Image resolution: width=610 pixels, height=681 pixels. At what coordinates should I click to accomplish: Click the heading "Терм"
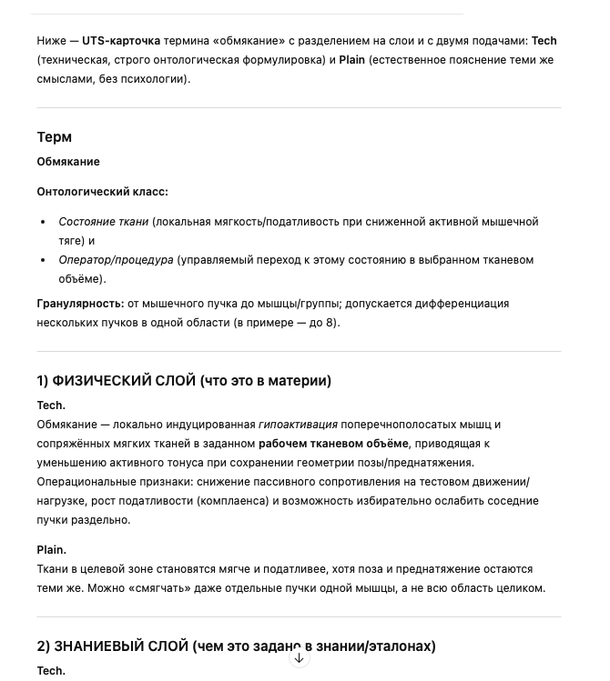click(54, 137)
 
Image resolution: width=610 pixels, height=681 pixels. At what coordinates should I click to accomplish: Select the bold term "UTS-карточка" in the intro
click(121, 41)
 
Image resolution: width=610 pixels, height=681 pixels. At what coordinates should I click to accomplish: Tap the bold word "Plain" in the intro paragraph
click(352, 60)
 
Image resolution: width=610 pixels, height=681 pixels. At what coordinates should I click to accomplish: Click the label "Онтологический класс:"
click(102, 192)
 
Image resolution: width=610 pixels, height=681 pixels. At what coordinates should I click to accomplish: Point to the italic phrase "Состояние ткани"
click(103, 222)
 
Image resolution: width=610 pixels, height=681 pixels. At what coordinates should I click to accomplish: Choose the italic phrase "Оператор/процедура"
click(116, 260)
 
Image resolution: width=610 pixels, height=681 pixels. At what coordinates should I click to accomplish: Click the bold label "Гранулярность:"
click(80, 304)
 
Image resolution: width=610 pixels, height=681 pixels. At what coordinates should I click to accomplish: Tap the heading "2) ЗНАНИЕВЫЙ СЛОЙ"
click(113, 646)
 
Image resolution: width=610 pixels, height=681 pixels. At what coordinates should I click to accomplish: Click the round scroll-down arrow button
click(299, 658)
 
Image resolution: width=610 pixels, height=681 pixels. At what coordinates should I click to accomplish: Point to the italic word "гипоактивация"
click(298, 425)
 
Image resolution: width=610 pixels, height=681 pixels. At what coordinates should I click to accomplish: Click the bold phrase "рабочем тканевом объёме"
click(333, 444)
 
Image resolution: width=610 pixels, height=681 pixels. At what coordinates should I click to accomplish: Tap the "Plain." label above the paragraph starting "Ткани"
click(51, 550)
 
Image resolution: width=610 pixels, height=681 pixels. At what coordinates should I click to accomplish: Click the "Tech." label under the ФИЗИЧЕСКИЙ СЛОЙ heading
click(51, 406)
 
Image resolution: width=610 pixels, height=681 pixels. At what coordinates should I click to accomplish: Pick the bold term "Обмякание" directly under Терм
click(68, 162)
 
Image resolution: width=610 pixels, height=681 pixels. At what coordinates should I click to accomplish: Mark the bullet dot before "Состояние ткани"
click(44, 222)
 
